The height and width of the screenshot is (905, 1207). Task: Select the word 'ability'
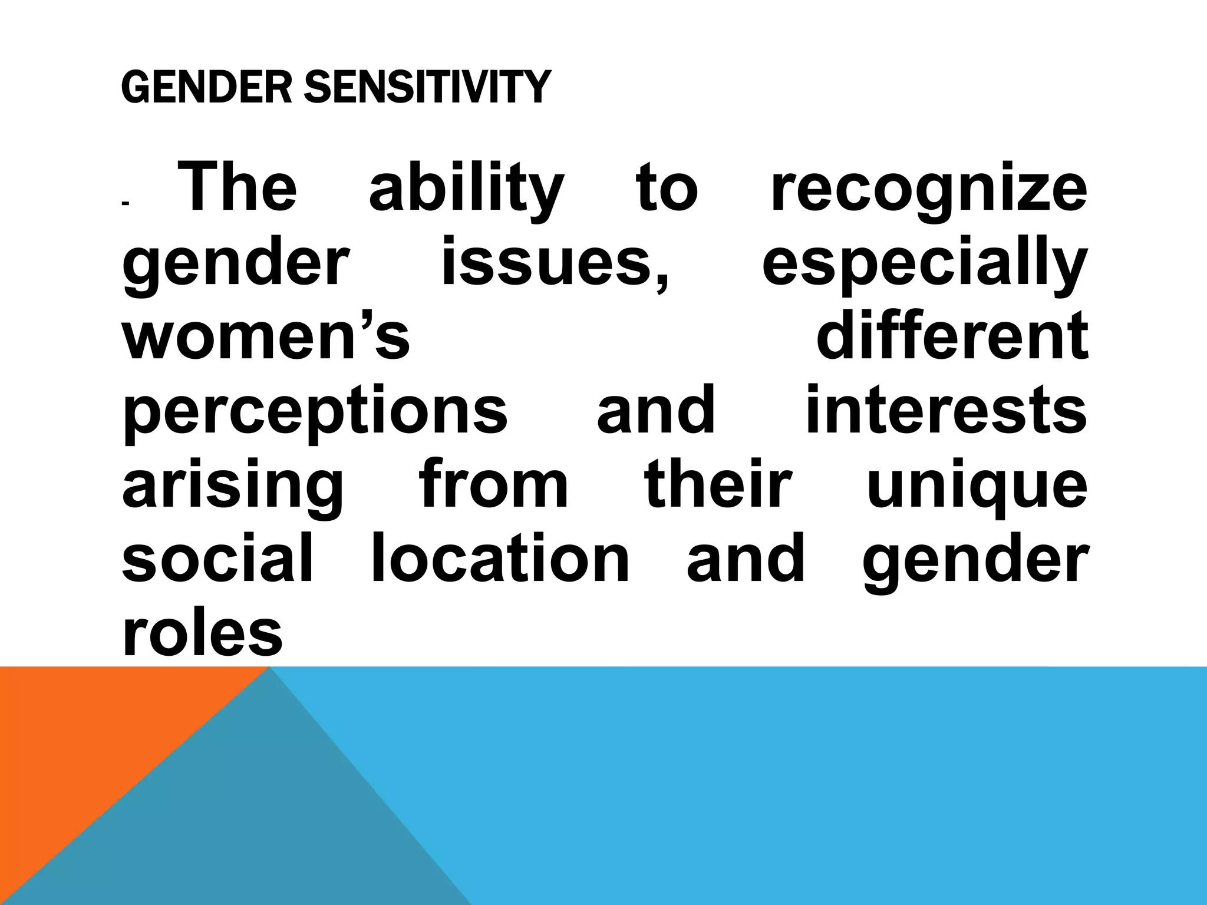[466, 187]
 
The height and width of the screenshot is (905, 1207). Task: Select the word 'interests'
[945, 409]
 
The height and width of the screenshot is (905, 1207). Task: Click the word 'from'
[494, 484]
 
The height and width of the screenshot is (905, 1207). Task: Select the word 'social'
[217, 558]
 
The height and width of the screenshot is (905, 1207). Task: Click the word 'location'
[500, 558]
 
